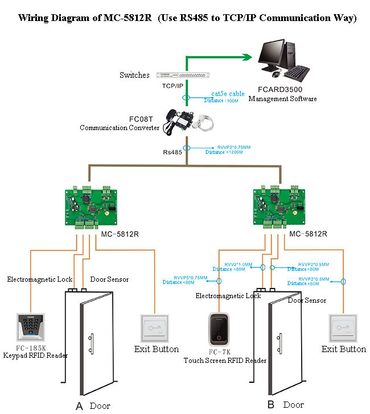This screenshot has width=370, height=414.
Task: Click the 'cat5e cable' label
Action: [227, 94]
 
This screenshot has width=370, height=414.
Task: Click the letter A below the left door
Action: [79, 405]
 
